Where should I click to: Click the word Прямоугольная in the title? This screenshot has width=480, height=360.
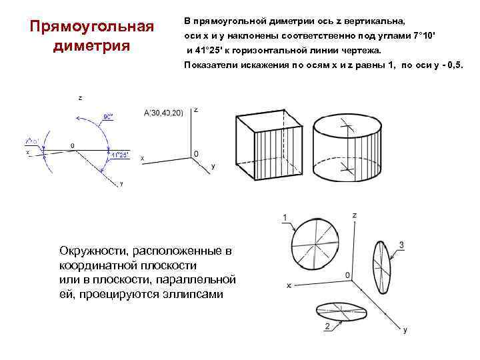pyautogui.click(x=92, y=27)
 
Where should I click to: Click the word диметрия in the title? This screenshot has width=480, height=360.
pyautogui.click(x=92, y=47)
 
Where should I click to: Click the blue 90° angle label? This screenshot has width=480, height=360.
pyautogui.click(x=107, y=115)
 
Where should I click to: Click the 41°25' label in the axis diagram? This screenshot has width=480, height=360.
pyautogui.click(x=119, y=155)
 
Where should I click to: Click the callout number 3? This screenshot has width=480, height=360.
pyautogui.click(x=402, y=245)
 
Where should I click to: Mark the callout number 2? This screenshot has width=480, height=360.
pyautogui.click(x=327, y=327)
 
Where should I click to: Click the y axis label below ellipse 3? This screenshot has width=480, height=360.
pyautogui.click(x=405, y=329)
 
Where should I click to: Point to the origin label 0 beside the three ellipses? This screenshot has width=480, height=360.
pyautogui.click(x=347, y=275)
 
